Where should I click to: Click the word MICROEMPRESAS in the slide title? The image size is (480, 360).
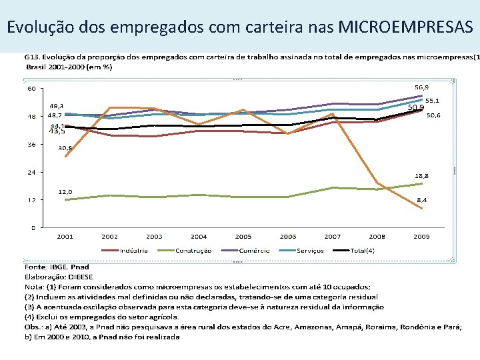pos(406,27)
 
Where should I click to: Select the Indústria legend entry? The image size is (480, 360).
pos(134,250)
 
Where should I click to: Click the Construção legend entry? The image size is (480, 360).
pos(193,250)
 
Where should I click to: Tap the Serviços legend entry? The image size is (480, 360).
pos(310,250)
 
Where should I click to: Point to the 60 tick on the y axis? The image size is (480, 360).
pos(31,89)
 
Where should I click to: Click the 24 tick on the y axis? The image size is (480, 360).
pos(31,172)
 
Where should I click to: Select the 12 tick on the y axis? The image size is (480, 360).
pos(31,200)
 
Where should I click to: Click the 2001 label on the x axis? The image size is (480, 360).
pos(65,236)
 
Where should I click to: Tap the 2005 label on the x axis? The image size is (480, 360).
pos(243,236)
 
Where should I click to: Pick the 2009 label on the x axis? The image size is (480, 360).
pos(421,236)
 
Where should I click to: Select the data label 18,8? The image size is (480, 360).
pos(422,176)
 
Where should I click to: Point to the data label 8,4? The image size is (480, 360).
pos(423,199)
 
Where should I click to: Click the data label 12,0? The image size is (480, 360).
pos(65,191)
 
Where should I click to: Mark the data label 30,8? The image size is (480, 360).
pos(65,147)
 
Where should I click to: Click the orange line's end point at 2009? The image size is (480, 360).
pos(421,209)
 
